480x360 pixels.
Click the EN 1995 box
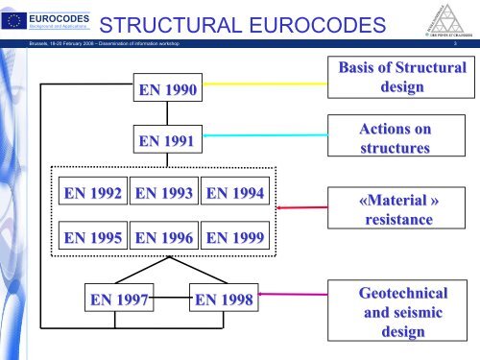tap(92, 236)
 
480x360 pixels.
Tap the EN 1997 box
tap(119, 301)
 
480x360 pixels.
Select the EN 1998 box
tap(224, 301)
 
